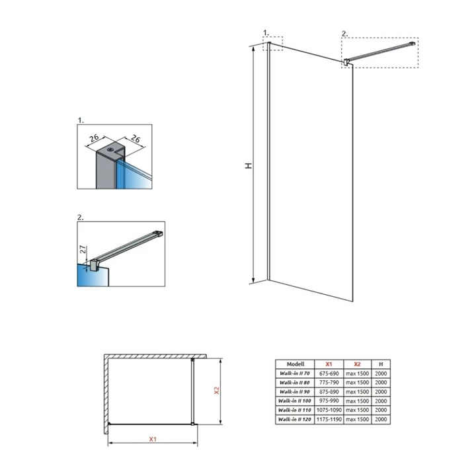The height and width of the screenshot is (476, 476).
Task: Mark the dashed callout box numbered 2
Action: point(380,52)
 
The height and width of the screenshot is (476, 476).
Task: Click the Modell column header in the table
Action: point(295,364)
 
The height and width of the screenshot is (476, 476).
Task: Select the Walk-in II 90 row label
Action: point(295,391)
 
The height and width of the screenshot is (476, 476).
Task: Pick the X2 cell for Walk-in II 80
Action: point(356,382)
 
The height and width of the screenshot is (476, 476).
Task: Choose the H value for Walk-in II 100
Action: point(381,401)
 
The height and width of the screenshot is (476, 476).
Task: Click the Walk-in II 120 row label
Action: point(295,419)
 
